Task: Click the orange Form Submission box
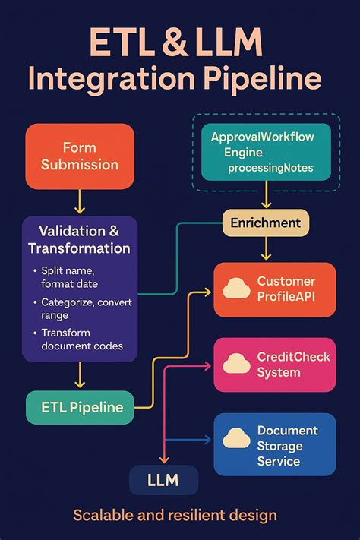click(80, 156)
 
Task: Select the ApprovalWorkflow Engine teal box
click(267, 151)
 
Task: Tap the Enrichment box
click(266, 223)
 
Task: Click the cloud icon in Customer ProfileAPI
click(237, 289)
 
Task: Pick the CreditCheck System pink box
click(274, 365)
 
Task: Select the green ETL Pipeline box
click(80, 407)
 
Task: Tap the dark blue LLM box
click(163, 480)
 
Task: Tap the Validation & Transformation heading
click(79, 239)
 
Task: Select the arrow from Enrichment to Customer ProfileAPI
click(266, 249)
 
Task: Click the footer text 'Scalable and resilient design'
click(175, 516)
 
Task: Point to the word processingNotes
click(267, 166)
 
